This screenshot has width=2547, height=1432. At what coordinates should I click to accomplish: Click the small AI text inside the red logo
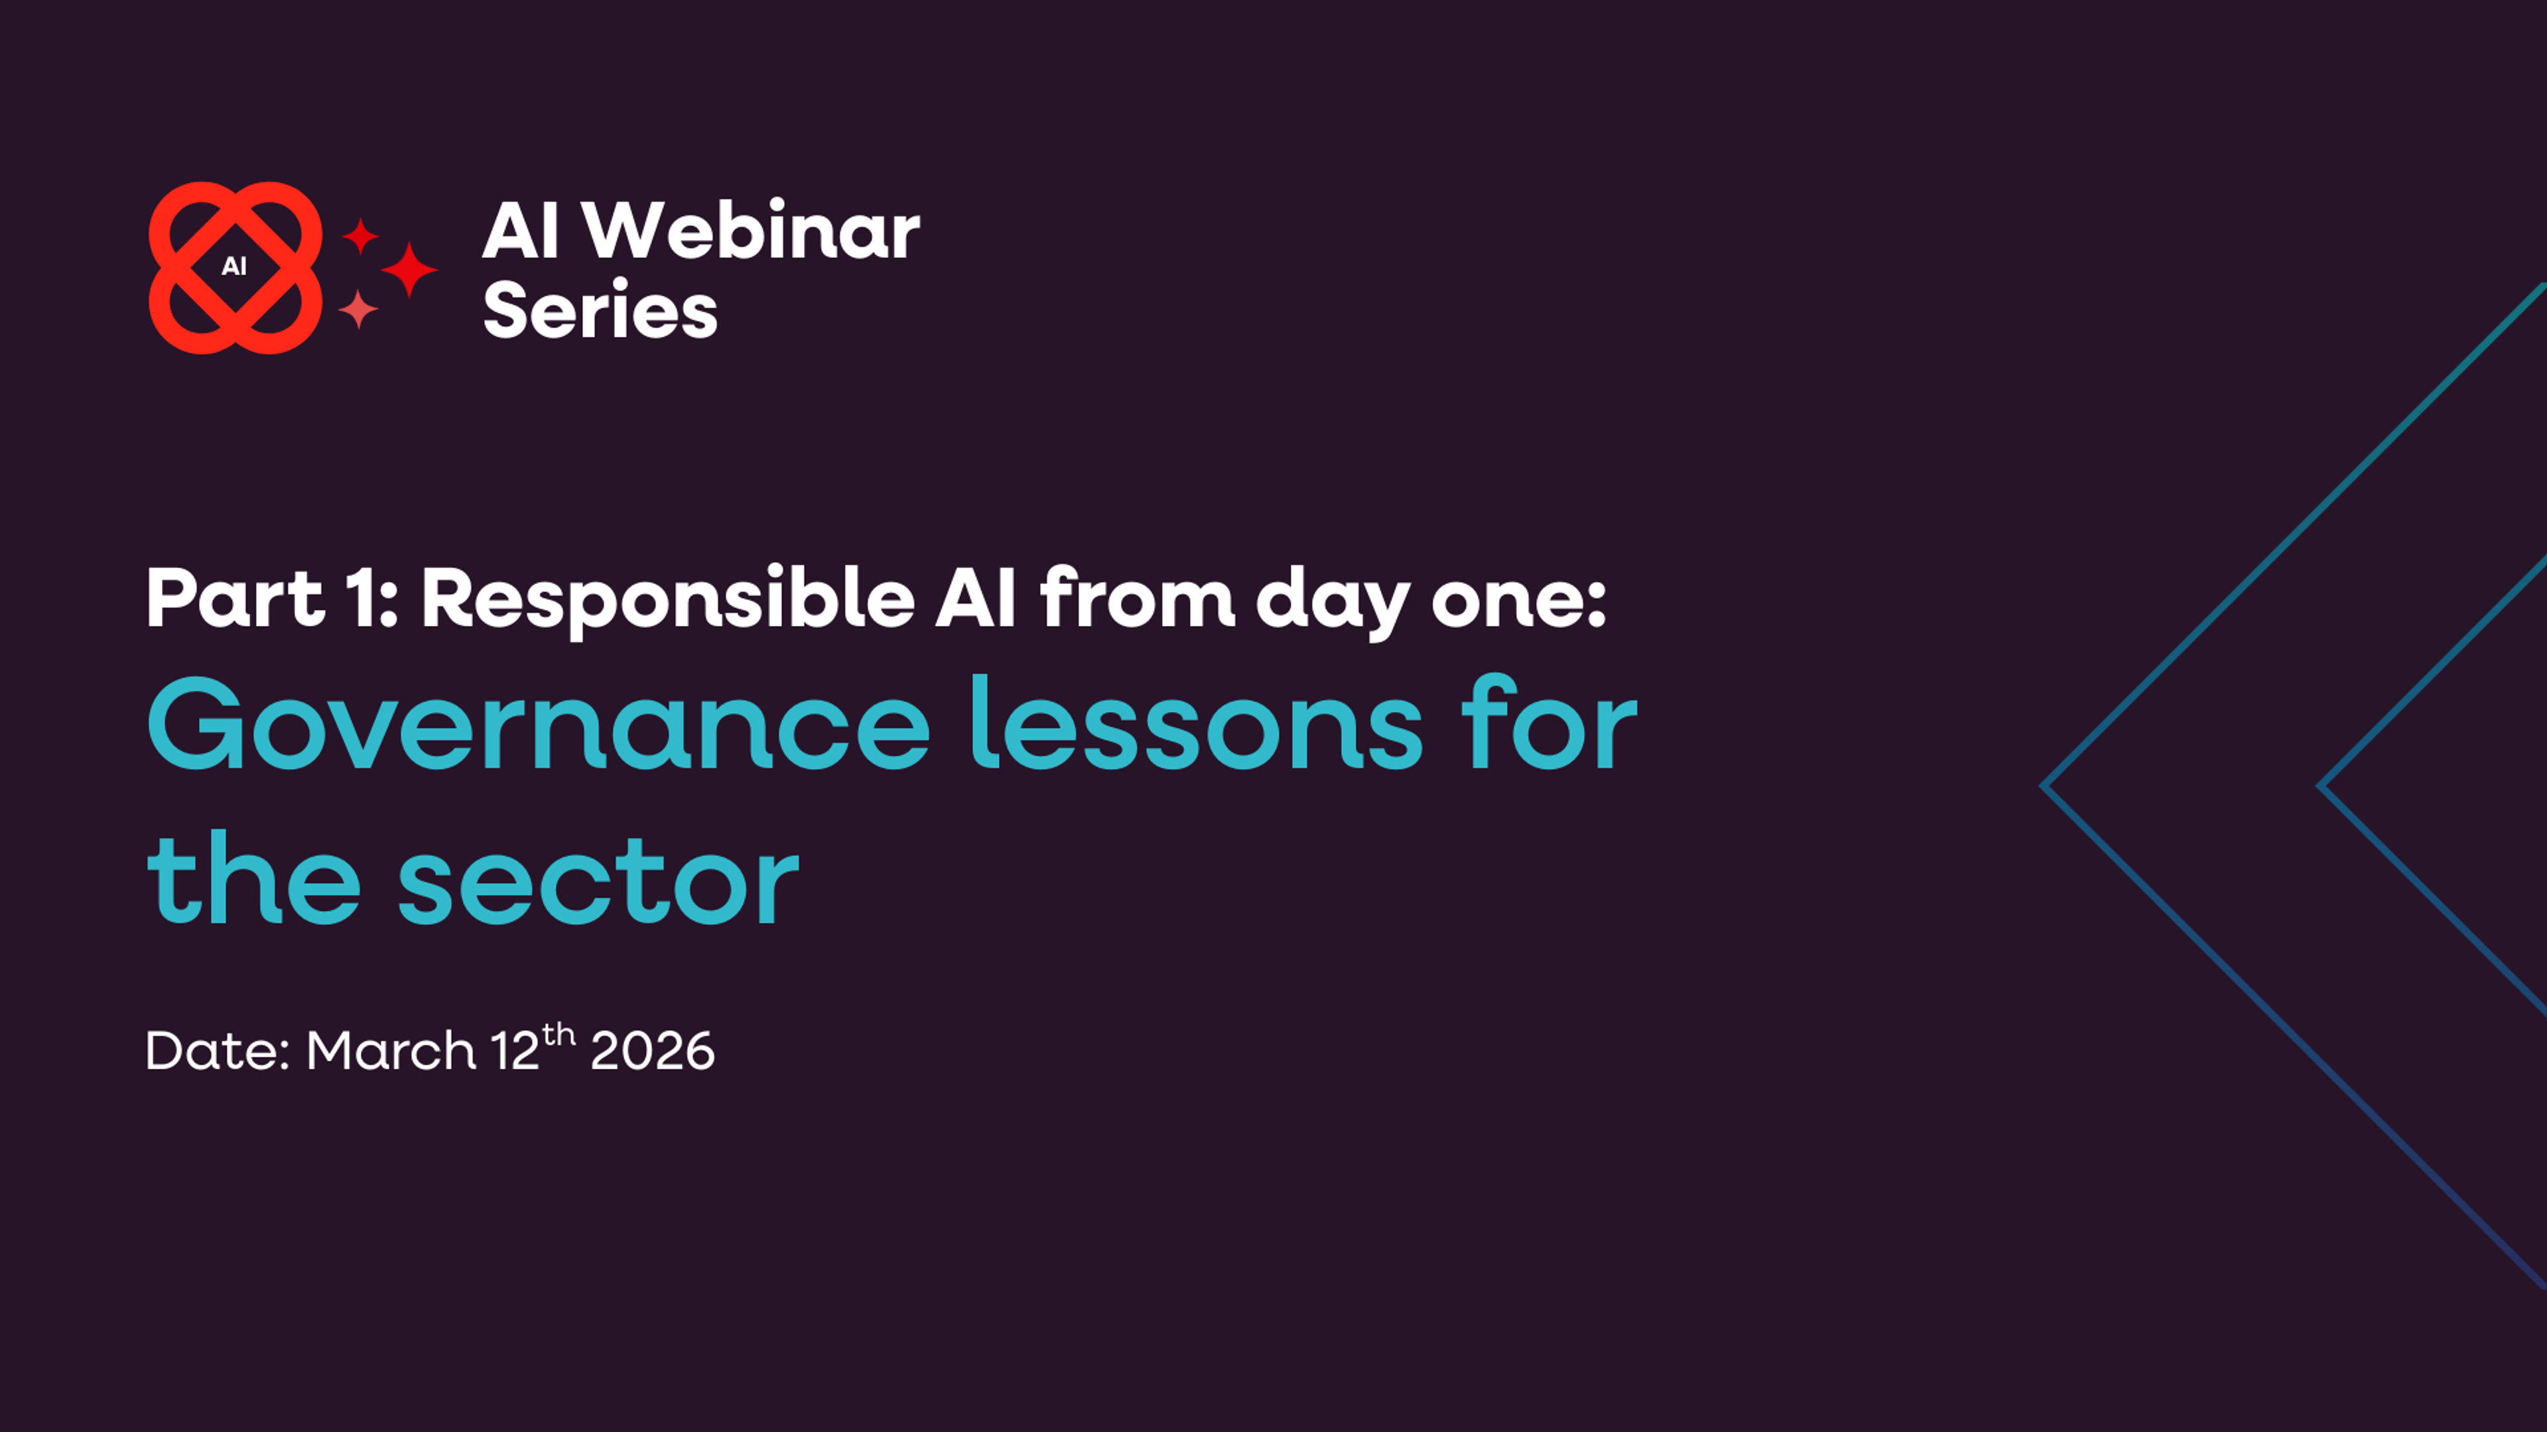click(x=234, y=266)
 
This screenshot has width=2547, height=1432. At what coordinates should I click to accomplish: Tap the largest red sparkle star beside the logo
click(x=409, y=268)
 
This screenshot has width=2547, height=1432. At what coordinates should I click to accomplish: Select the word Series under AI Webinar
click(x=599, y=310)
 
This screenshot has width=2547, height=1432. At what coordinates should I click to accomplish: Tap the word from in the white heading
click(x=1137, y=599)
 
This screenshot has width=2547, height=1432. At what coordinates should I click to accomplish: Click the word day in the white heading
click(x=1332, y=603)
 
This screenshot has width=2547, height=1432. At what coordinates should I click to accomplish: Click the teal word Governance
click(x=538, y=727)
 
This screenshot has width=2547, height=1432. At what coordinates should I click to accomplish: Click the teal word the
click(x=254, y=880)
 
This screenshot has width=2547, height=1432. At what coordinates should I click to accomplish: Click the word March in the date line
click(x=391, y=1051)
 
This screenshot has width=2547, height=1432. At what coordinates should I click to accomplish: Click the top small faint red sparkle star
click(x=361, y=236)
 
